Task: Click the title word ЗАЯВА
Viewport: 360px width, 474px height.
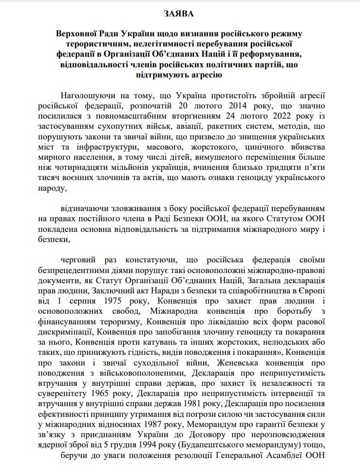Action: (180, 14)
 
